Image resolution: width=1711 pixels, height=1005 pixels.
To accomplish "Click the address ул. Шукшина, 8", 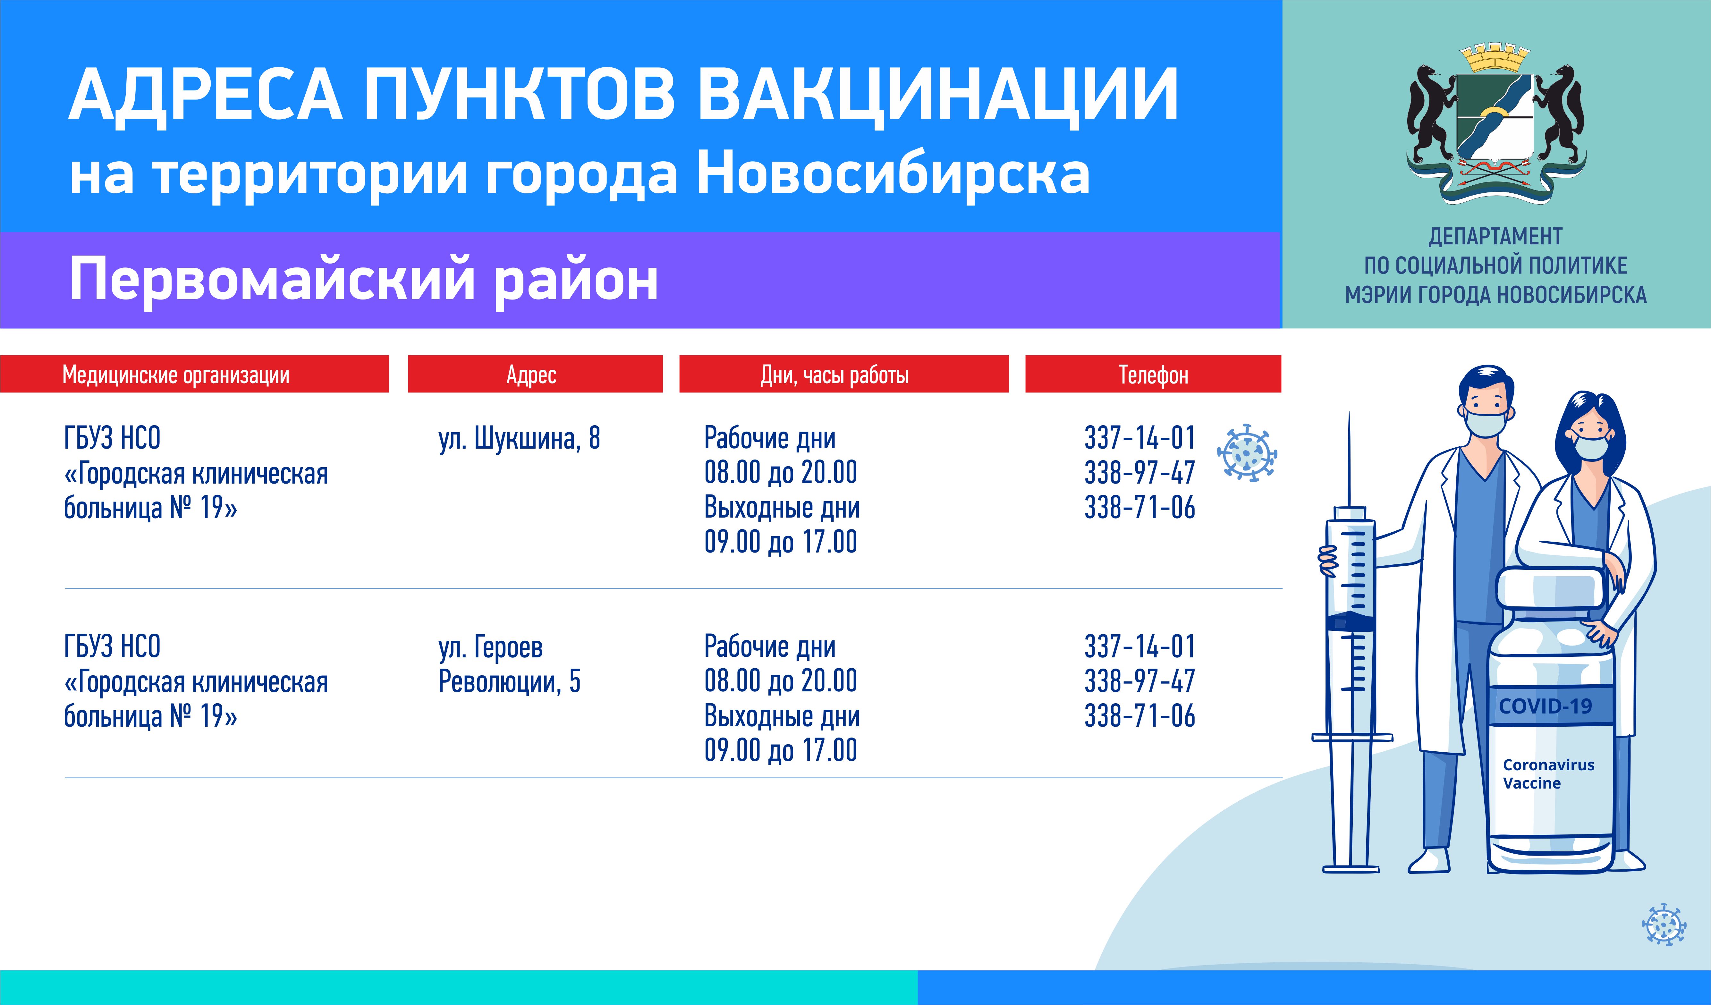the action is (x=520, y=439).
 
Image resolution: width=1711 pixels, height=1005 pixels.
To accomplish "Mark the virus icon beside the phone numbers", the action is (x=1247, y=453).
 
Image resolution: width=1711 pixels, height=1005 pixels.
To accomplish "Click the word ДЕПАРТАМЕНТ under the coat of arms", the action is (x=1496, y=236).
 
